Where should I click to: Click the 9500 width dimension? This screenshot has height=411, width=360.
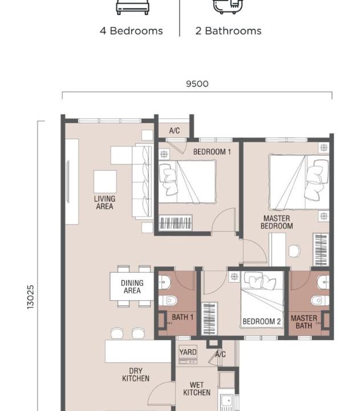[x=197, y=84]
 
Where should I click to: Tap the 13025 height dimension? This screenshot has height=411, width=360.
[x=31, y=297]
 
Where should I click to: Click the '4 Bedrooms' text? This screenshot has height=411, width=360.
[x=131, y=31]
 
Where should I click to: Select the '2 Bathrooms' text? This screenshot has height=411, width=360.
[x=228, y=31]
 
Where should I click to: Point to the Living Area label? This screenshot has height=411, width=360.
[x=104, y=202]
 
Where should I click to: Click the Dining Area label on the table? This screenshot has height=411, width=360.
[x=132, y=287]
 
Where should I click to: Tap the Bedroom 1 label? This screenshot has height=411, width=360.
[x=212, y=151]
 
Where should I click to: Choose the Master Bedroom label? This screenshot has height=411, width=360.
[x=277, y=222]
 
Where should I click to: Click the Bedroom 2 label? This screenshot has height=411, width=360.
[x=261, y=321]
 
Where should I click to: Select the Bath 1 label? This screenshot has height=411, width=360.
[x=183, y=317]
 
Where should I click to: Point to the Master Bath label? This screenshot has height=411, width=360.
[x=304, y=322]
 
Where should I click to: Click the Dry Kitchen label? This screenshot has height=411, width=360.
[x=136, y=374]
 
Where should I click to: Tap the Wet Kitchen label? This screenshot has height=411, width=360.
[x=197, y=389]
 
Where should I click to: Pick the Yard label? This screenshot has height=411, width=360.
[x=188, y=352]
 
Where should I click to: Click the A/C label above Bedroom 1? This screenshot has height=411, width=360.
[x=175, y=130]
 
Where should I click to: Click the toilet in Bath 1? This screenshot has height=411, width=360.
[x=168, y=300]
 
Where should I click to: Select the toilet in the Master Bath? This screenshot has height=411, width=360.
[x=320, y=300]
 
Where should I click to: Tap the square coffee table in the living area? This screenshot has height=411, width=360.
[x=105, y=182]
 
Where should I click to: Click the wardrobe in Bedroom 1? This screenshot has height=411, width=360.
[x=176, y=223]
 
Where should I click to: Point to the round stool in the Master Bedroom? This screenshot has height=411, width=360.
[x=294, y=251]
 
